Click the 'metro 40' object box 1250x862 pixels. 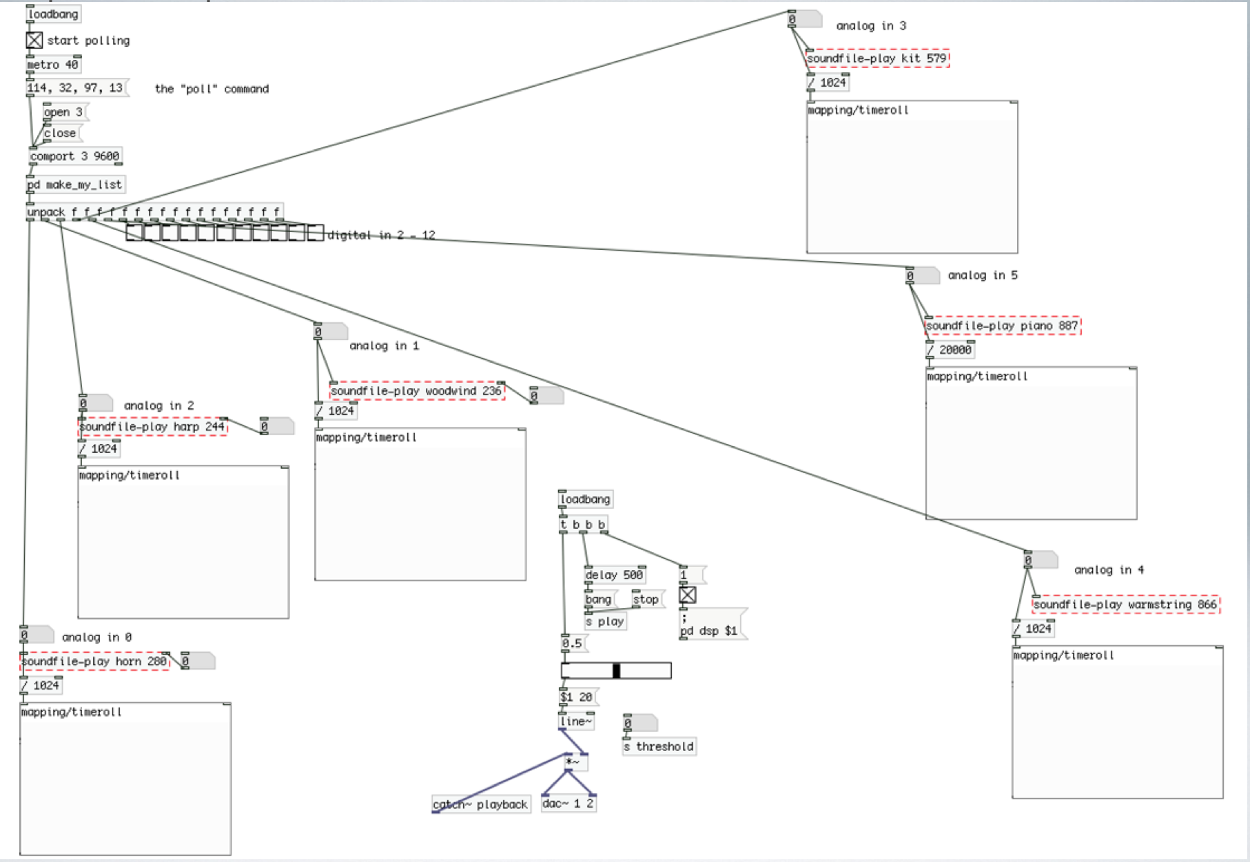[x=53, y=65]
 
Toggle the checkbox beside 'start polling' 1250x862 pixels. [x=34, y=41]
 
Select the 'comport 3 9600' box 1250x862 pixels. [x=75, y=156]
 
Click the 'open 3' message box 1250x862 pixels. [x=63, y=112]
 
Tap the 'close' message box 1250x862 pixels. [x=61, y=133]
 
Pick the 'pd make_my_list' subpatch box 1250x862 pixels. [x=76, y=185]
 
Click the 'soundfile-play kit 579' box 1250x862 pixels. [x=877, y=59]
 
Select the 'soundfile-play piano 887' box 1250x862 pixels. [x=1002, y=326]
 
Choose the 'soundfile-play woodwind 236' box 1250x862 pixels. [x=416, y=391]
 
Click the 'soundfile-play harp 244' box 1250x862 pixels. [x=152, y=427]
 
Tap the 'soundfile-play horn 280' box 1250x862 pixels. [x=94, y=662]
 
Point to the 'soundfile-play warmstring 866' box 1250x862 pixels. [x=1125, y=605]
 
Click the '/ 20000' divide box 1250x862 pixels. [x=950, y=350]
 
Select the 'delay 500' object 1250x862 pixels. [x=614, y=575]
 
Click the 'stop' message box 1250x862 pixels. [x=646, y=599]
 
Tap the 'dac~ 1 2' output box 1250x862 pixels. [x=568, y=803]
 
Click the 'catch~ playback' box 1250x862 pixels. [x=480, y=804]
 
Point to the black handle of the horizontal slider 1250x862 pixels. [x=616, y=671]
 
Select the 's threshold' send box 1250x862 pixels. [x=659, y=746]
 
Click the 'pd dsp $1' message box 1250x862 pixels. [x=711, y=626]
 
